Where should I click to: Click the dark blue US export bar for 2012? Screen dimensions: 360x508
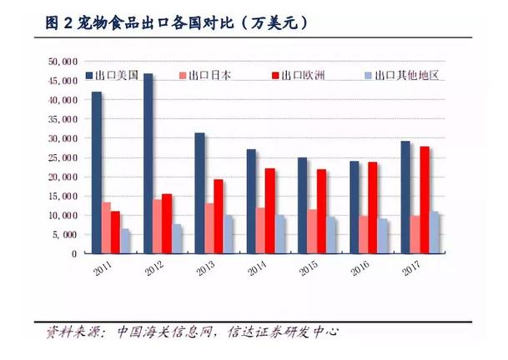pyautogui.click(x=148, y=163)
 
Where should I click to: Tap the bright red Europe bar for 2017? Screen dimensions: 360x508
pyautogui.click(x=425, y=200)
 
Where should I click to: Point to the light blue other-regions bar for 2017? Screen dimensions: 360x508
pyautogui.click(x=435, y=232)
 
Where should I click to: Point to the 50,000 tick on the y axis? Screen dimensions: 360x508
pyautogui.click(x=63, y=61)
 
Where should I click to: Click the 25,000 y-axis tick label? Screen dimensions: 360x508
pyautogui.click(x=63, y=157)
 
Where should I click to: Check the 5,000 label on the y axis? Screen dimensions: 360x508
pyautogui.click(x=65, y=234)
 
